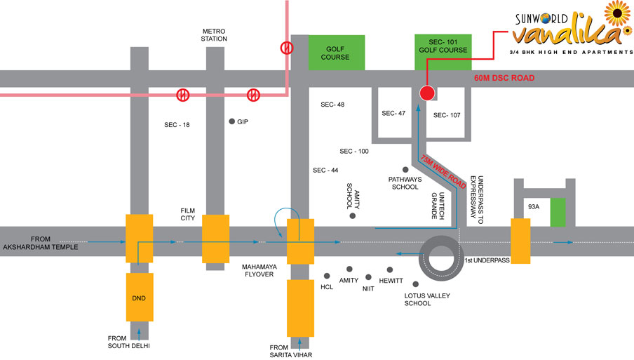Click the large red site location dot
427,93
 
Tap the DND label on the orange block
139,298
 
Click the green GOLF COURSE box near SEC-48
337,53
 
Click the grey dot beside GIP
232,121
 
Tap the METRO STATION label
215,34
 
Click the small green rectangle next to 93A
558,212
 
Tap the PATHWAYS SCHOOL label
405,183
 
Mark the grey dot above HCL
327,276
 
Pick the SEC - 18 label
177,125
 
